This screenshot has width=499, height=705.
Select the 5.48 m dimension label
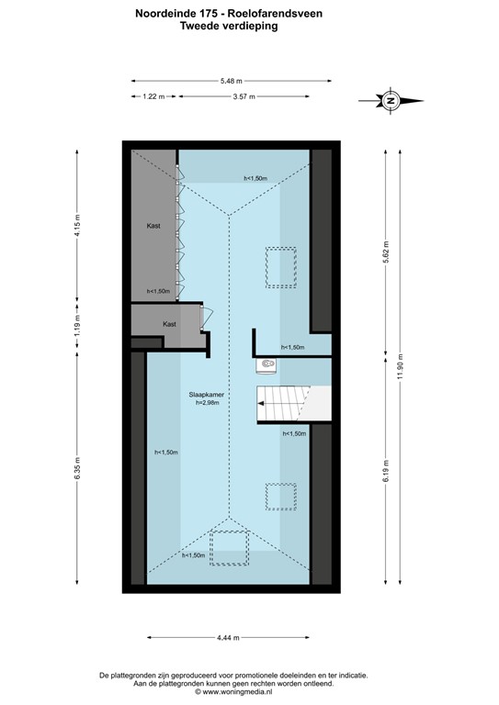231,80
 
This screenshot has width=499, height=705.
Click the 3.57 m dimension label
244,95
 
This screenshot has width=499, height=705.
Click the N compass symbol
391,100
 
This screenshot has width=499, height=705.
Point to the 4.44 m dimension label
230,638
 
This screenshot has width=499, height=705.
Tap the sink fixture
267,365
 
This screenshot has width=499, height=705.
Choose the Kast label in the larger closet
154,225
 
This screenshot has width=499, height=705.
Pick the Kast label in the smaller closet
169,324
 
